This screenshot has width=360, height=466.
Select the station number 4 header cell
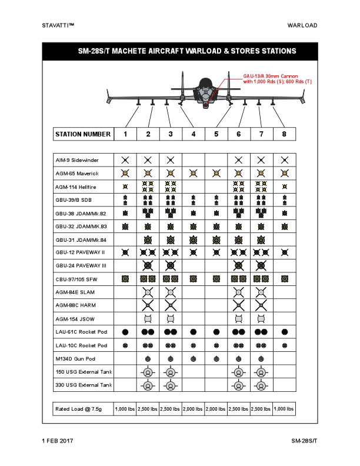pyautogui.click(x=194, y=134)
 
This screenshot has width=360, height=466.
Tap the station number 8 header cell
pyautogui.click(x=285, y=134)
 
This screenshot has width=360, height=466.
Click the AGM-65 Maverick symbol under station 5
pyautogui.click(x=216, y=173)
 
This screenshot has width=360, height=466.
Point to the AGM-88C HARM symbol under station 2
pyautogui.click(x=148, y=305)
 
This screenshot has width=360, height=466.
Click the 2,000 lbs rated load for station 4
pyautogui.click(x=194, y=408)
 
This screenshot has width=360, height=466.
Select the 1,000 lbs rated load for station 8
pyautogui.click(x=285, y=408)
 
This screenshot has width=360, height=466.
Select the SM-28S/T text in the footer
pyautogui.click(x=304, y=441)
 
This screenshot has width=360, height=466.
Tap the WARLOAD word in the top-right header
pyautogui.click(x=302, y=25)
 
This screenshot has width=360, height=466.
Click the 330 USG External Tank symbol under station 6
pyautogui.click(x=238, y=385)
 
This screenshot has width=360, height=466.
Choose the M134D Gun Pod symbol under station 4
pyautogui.click(x=194, y=358)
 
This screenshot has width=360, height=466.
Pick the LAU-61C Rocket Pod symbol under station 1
pyautogui.click(x=125, y=332)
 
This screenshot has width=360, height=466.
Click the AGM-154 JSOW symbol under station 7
pyautogui.click(x=261, y=318)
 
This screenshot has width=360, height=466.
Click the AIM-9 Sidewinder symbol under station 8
pyautogui.click(x=285, y=160)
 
